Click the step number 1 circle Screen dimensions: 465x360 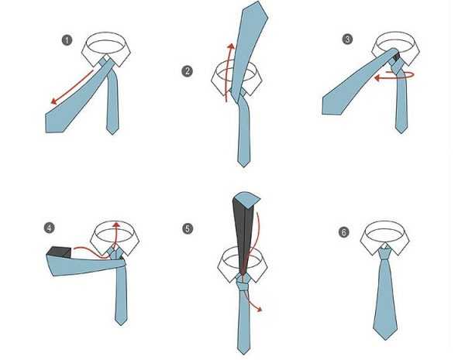coord(67,40)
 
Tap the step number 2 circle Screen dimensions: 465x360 coord(187,71)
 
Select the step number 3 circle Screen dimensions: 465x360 coord(347,39)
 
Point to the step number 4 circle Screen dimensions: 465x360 coord(50,228)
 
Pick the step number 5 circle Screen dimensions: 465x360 coord(188,228)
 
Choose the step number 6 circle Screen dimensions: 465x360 coord(343,232)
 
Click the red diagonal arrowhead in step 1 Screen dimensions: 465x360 coord(53,101)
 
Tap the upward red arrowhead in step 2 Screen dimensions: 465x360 coord(231,46)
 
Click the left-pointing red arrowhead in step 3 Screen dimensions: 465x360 coord(378,77)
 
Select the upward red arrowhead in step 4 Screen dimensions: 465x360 coord(116,224)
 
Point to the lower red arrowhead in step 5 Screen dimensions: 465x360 coord(259,309)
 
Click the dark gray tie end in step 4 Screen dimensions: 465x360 coord(59,252)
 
